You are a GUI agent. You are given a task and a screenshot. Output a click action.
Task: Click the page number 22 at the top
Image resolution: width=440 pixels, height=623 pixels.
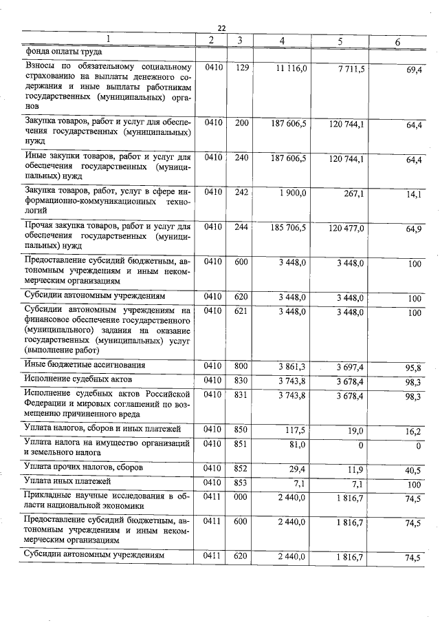221,28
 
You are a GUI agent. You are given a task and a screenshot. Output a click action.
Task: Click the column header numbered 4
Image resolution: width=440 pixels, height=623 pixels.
282,41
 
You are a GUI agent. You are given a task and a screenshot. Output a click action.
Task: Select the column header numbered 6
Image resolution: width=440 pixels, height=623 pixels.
397,42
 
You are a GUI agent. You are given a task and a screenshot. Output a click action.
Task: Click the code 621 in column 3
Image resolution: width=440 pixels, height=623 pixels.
240,312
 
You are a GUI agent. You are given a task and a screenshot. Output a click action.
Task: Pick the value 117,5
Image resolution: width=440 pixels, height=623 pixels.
296,430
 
